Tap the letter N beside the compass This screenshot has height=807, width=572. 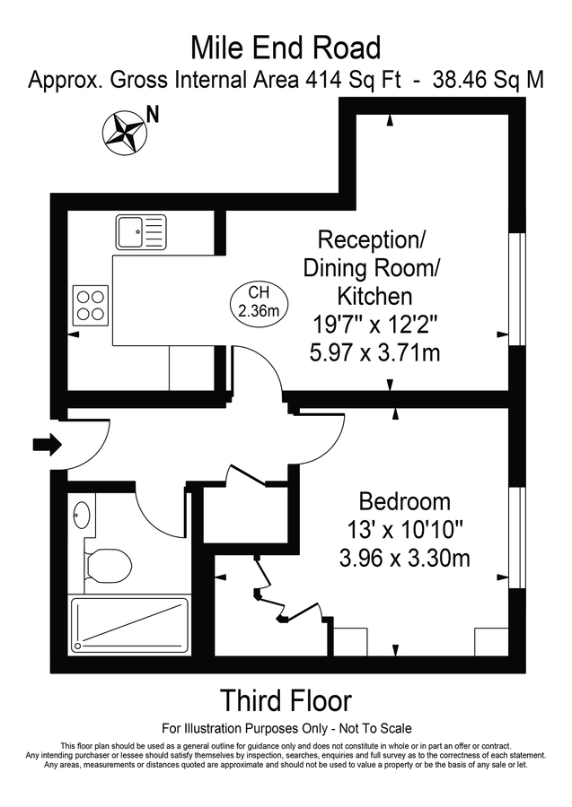[x=154, y=114]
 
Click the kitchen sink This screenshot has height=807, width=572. [x=141, y=231]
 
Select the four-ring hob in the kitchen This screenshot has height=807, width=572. [x=90, y=302]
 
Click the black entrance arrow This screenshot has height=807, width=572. [x=46, y=443]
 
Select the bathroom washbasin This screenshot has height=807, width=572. [x=82, y=516]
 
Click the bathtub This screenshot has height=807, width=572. [x=131, y=623]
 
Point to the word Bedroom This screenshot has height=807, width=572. [x=404, y=500]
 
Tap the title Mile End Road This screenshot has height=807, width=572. [x=286, y=47]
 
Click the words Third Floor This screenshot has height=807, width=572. [x=286, y=700]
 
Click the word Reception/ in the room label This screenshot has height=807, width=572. [x=373, y=239]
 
